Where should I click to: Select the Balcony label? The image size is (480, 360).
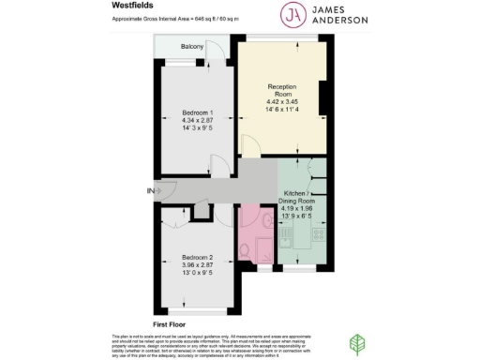pyautogui.click(x=180, y=46)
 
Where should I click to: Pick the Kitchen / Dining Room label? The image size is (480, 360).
pyautogui.click(x=301, y=199)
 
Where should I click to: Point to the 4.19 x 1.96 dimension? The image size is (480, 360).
pyautogui.click(x=301, y=214)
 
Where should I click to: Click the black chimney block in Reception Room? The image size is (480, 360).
pyautogui.click(x=322, y=96)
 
